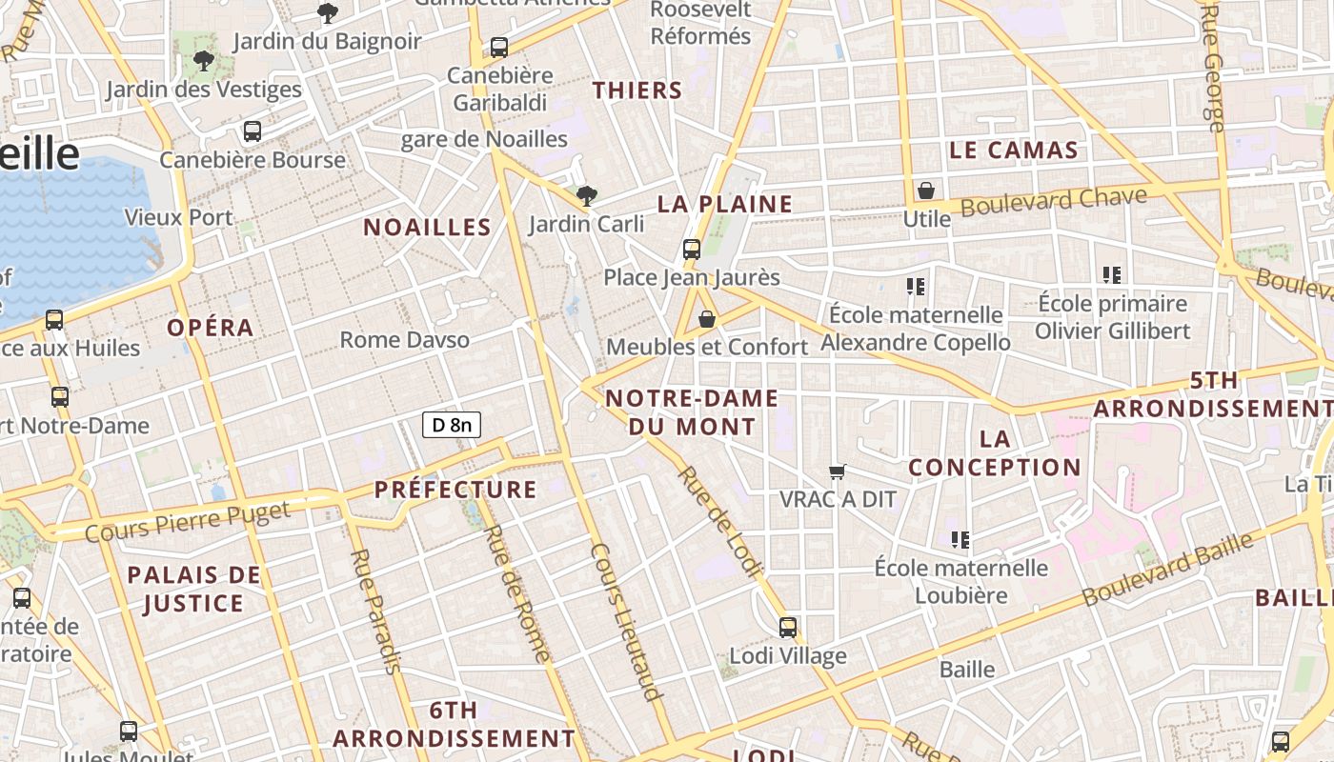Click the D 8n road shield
pos(452,425)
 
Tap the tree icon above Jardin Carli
pos(587,196)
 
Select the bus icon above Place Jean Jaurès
pos(692,250)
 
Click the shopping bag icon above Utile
pos(925,190)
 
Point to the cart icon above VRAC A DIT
pos(838,471)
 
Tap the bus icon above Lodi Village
pos(788,628)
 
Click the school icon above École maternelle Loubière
pos(960,540)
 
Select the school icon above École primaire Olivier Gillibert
pos(1111,275)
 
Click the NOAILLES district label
pos(427,227)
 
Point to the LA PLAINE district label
pos(725,204)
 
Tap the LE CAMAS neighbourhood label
pos(1014,150)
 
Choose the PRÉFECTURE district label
pos(455,490)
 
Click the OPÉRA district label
pos(211,328)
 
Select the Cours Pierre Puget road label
pos(187,522)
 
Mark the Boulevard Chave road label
pos(1053,202)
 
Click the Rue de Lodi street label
pos(720,523)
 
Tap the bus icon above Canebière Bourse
pos(253,131)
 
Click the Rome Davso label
pos(405,339)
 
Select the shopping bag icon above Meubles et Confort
pos(707,319)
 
